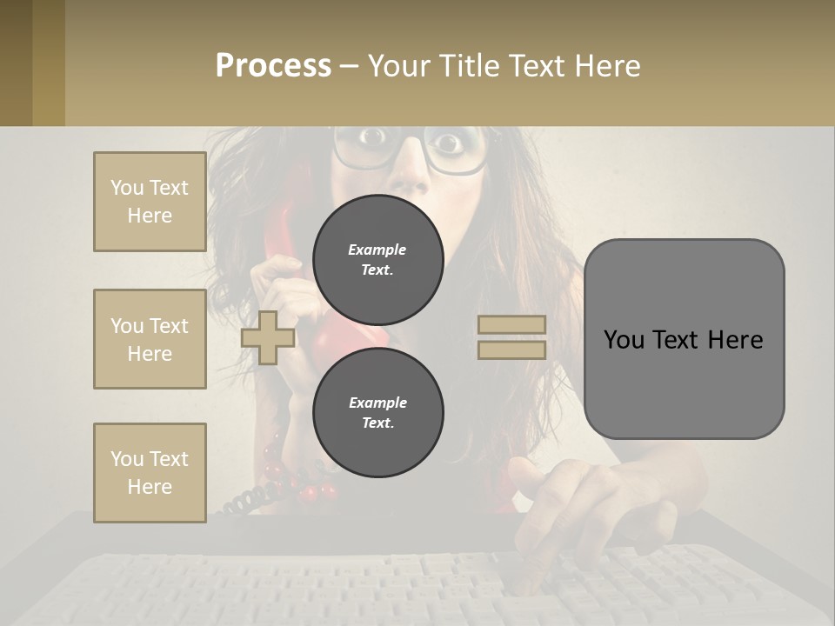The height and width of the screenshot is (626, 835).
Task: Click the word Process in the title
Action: (273, 65)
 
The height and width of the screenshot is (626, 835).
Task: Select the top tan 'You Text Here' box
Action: (150, 202)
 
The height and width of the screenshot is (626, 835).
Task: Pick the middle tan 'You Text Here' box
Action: (150, 339)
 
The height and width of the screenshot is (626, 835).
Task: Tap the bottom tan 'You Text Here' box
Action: (150, 472)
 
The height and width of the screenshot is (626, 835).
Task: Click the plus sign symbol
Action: (267, 337)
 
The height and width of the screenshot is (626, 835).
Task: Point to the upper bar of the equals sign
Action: (512, 325)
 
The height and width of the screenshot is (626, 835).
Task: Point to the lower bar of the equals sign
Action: (512, 350)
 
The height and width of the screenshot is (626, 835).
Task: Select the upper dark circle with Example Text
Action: (377, 259)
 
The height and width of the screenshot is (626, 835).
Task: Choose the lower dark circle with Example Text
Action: (377, 412)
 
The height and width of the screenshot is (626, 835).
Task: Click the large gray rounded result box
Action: (684, 339)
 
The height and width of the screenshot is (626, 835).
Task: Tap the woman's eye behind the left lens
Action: (372, 137)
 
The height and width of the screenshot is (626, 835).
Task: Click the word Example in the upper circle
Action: (377, 250)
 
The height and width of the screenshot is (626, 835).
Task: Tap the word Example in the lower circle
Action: (377, 403)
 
